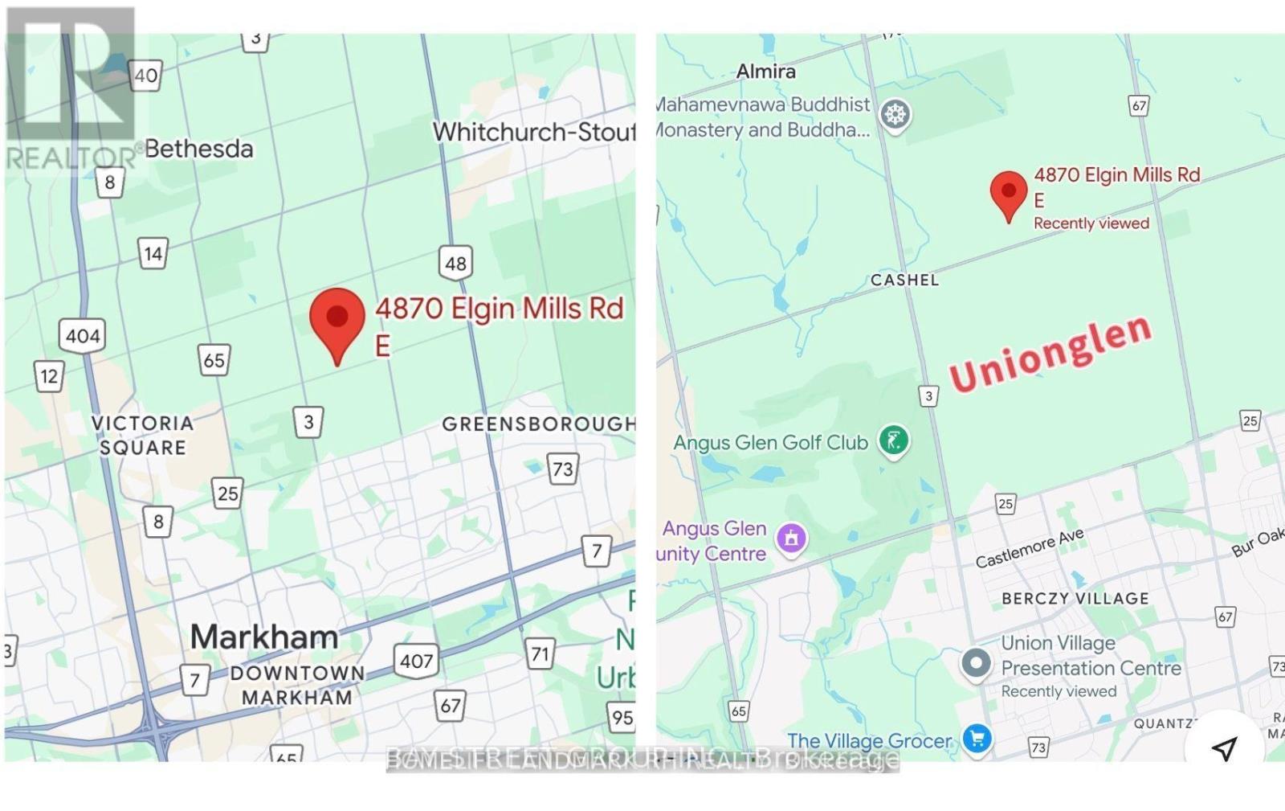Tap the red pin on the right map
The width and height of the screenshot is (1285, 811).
(x=1008, y=193)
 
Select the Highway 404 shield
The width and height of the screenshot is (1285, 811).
(x=83, y=335)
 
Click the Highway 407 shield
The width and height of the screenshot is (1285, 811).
(x=417, y=661)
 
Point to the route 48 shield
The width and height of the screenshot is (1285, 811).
(x=455, y=263)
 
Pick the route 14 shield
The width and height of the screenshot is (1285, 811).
(x=153, y=255)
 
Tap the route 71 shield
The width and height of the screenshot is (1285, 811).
(x=540, y=654)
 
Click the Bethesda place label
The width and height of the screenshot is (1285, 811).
(x=198, y=149)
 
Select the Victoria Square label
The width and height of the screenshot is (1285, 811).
(x=142, y=435)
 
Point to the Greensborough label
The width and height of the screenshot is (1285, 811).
(x=538, y=424)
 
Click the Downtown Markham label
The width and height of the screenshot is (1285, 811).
(x=297, y=685)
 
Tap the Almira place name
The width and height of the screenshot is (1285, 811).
(x=766, y=72)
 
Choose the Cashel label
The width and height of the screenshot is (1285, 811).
(x=904, y=280)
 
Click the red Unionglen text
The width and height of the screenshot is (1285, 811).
(x=1050, y=354)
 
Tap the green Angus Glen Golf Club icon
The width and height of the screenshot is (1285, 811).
(x=893, y=440)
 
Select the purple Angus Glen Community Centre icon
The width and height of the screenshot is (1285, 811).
(x=791, y=538)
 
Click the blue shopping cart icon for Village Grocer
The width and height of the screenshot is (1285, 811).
(x=977, y=739)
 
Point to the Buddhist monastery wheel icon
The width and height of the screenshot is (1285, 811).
(x=895, y=114)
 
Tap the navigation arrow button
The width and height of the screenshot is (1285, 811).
(x=1224, y=748)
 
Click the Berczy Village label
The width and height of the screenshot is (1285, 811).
(x=1075, y=599)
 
